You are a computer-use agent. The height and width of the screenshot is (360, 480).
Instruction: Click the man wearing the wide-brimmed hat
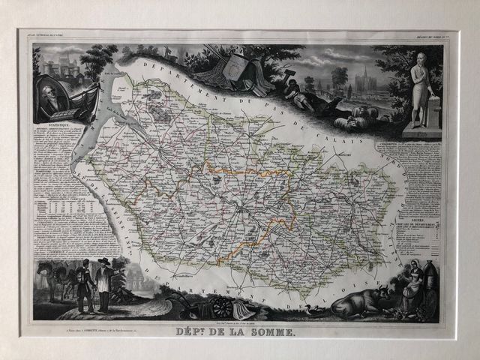(x=103, y=281)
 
